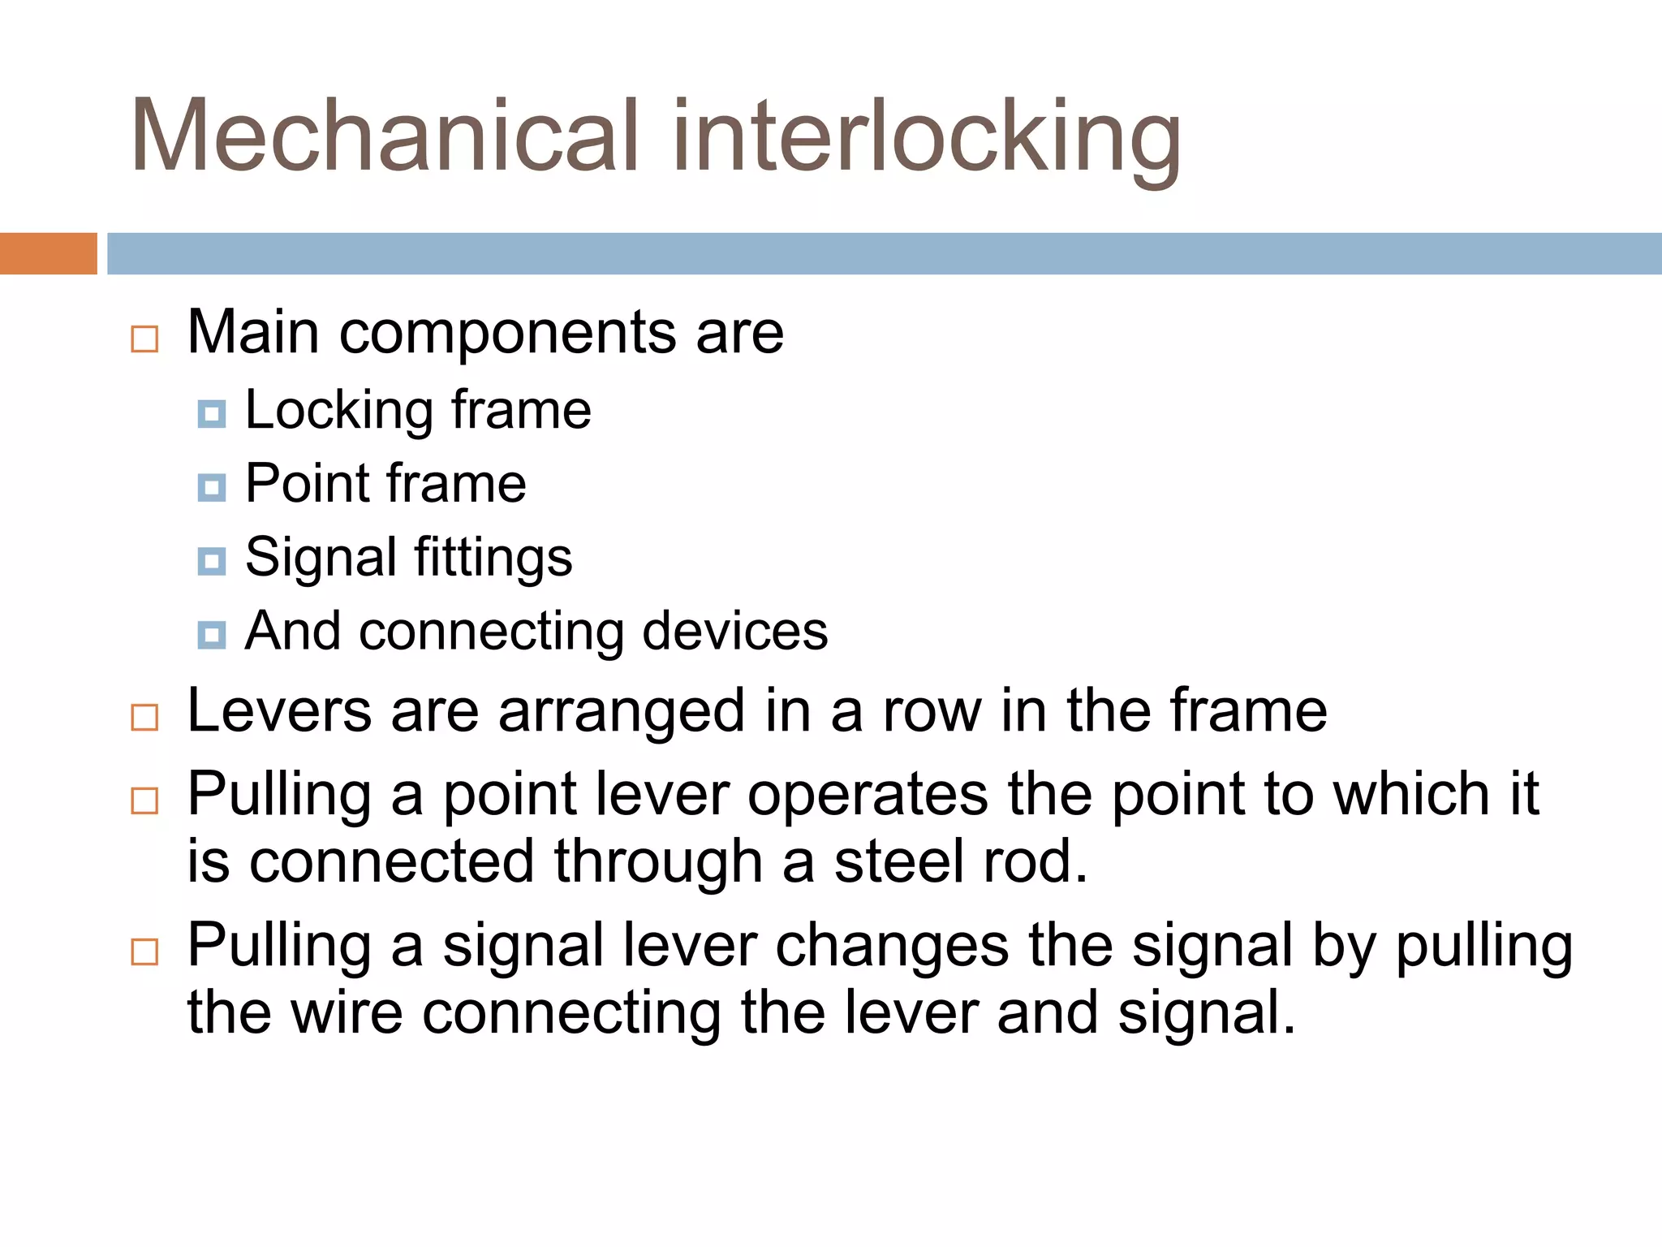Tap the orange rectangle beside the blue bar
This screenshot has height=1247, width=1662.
pyautogui.click(x=48, y=253)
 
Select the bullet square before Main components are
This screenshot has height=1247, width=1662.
pyautogui.click(x=144, y=339)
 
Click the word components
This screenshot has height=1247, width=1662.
pyautogui.click(x=508, y=334)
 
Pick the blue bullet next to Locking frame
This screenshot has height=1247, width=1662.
pyautogui.click(x=212, y=414)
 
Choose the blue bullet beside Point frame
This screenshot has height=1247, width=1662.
pyautogui.click(x=212, y=487)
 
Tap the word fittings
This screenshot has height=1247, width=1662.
pyautogui.click(x=493, y=559)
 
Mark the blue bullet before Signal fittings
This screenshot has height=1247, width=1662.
pyautogui.click(x=212, y=561)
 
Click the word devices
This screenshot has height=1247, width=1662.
pyautogui.click(x=735, y=631)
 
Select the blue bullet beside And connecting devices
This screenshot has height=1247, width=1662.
pyautogui.click(x=212, y=634)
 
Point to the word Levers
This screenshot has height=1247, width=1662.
pyautogui.click(x=279, y=711)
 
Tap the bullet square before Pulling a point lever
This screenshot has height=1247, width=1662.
pyautogui.click(x=144, y=800)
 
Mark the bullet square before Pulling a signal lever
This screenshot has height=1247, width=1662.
pyautogui.click(x=144, y=951)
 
